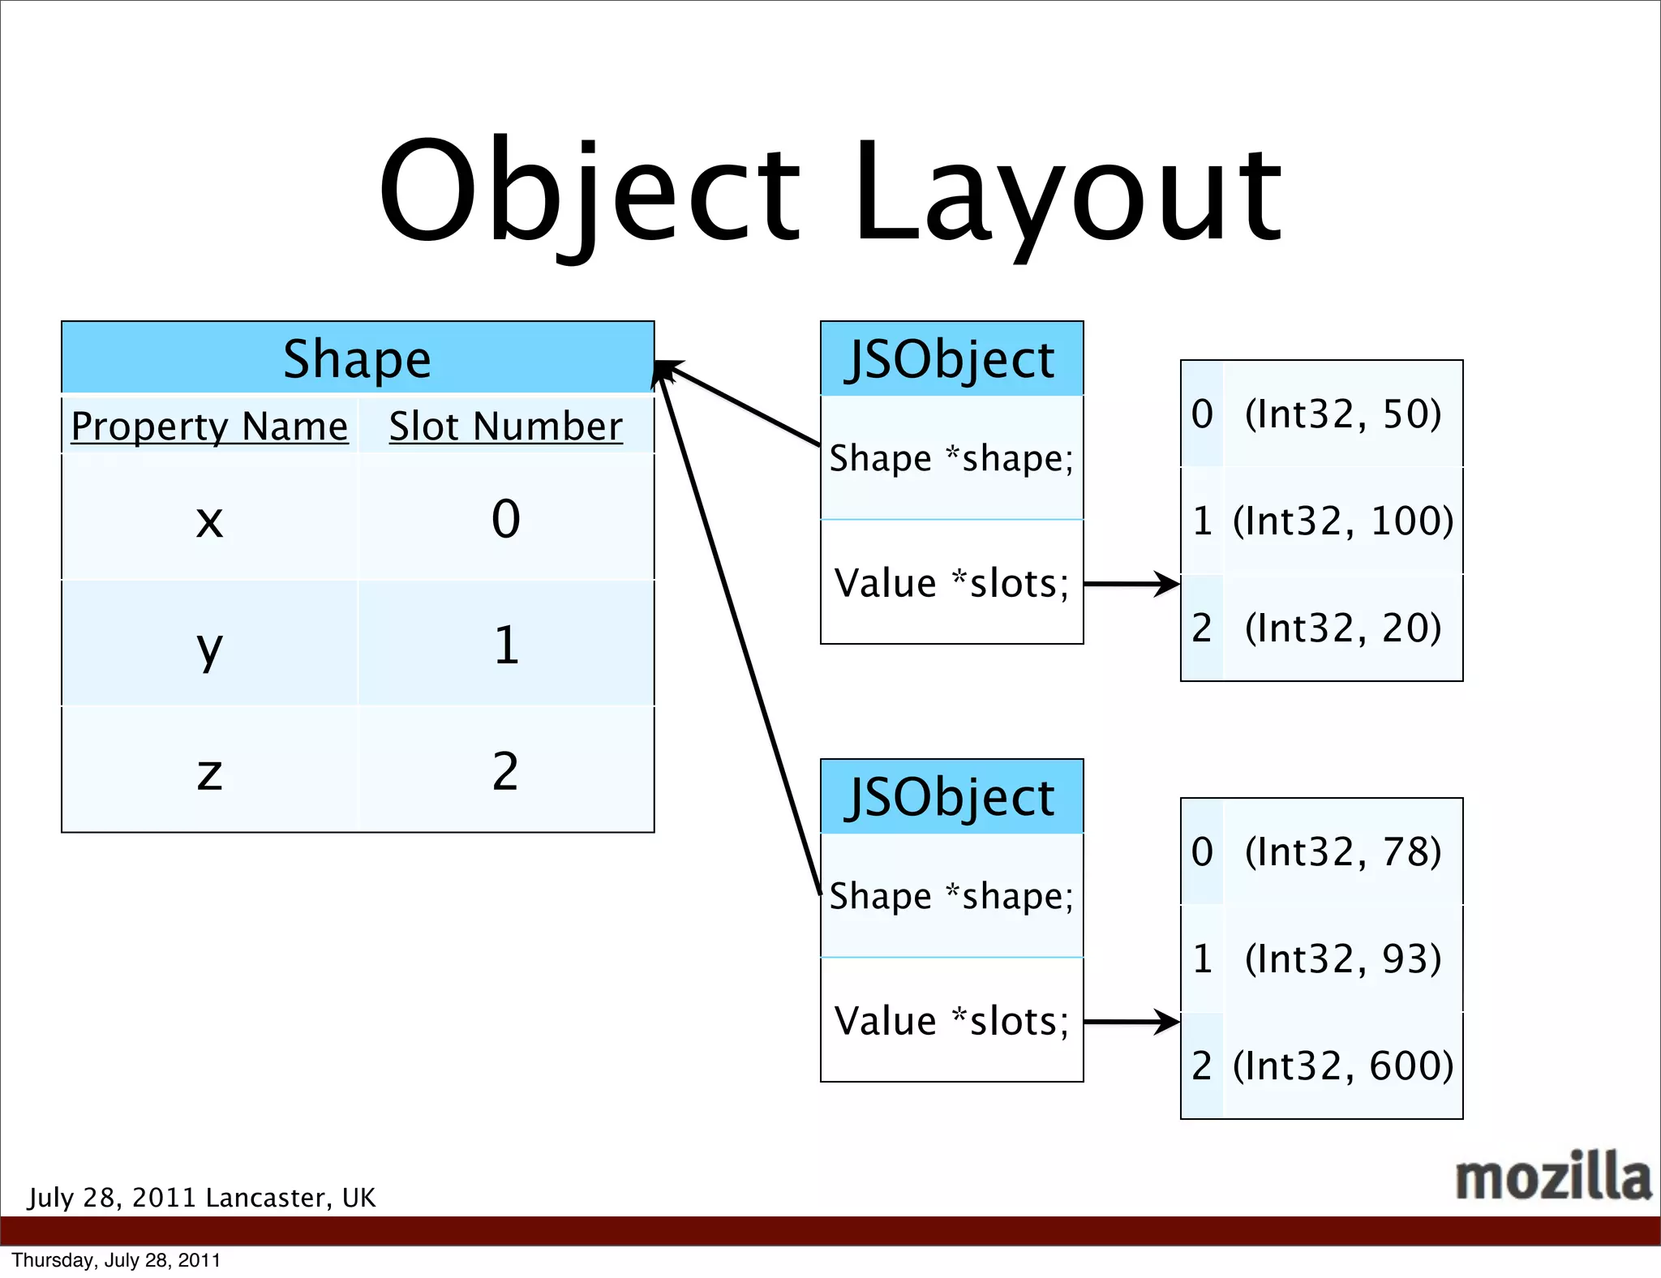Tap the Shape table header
[x=358, y=358]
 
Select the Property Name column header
[x=209, y=426]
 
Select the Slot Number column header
[x=505, y=426]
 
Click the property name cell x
[x=209, y=519]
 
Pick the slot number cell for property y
[x=505, y=645]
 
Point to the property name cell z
[x=209, y=771]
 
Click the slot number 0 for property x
[x=505, y=519]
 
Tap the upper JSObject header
[x=951, y=358]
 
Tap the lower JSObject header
[x=951, y=796]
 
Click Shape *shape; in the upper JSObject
[x=951, y=458]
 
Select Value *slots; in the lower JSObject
[x=951, y=1020]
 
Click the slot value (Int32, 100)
[x=1342, y=521]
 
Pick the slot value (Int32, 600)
[x=1342, y=1066]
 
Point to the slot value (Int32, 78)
[x=1342, y=851]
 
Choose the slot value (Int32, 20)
[x=1342, y=628]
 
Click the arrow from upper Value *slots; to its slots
[x=1131, y=583]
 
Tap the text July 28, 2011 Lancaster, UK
[x=202, y=1198]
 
